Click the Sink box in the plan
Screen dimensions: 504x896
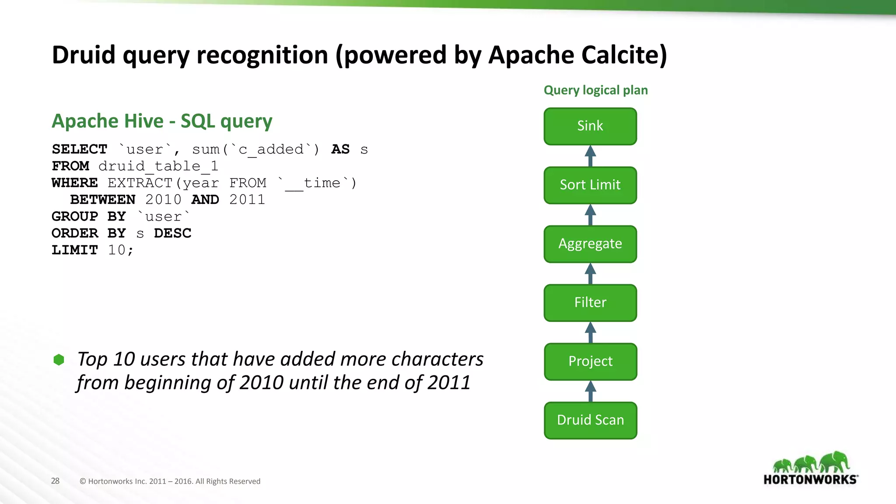click(590, 126)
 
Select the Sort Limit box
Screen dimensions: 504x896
click(590, 185)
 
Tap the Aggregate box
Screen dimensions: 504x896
click(590, 244)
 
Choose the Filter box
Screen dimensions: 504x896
click(590, 303)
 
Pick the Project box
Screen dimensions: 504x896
click(590, 362)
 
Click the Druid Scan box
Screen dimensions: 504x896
click(590, 420)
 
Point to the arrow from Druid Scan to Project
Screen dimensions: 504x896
click(590, 391)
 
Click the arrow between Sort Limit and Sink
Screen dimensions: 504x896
click(590, 156)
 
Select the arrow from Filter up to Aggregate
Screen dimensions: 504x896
click(590, 274)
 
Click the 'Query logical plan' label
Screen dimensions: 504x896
click(595, 90)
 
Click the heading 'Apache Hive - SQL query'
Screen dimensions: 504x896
click(162, 121)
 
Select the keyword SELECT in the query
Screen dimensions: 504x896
click(79, 149)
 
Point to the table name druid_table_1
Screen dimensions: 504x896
click(158, 166)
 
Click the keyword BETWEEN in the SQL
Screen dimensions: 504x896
click(103, 199)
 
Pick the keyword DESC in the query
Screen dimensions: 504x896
click(172, 233)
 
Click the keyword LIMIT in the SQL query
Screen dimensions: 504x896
click(75, 250)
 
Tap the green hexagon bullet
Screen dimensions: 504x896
click(59, 360)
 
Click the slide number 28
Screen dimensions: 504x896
click(55, 481)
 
